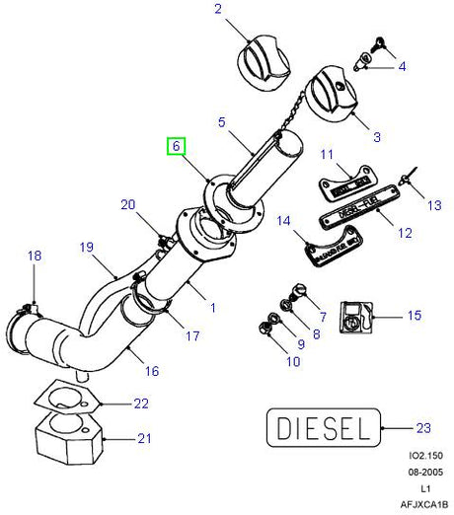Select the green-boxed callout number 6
click(x=177, y=146)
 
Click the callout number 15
click(x=415, y=317)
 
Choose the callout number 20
click(x=127, y=205)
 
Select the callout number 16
click(x=152, y=372)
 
